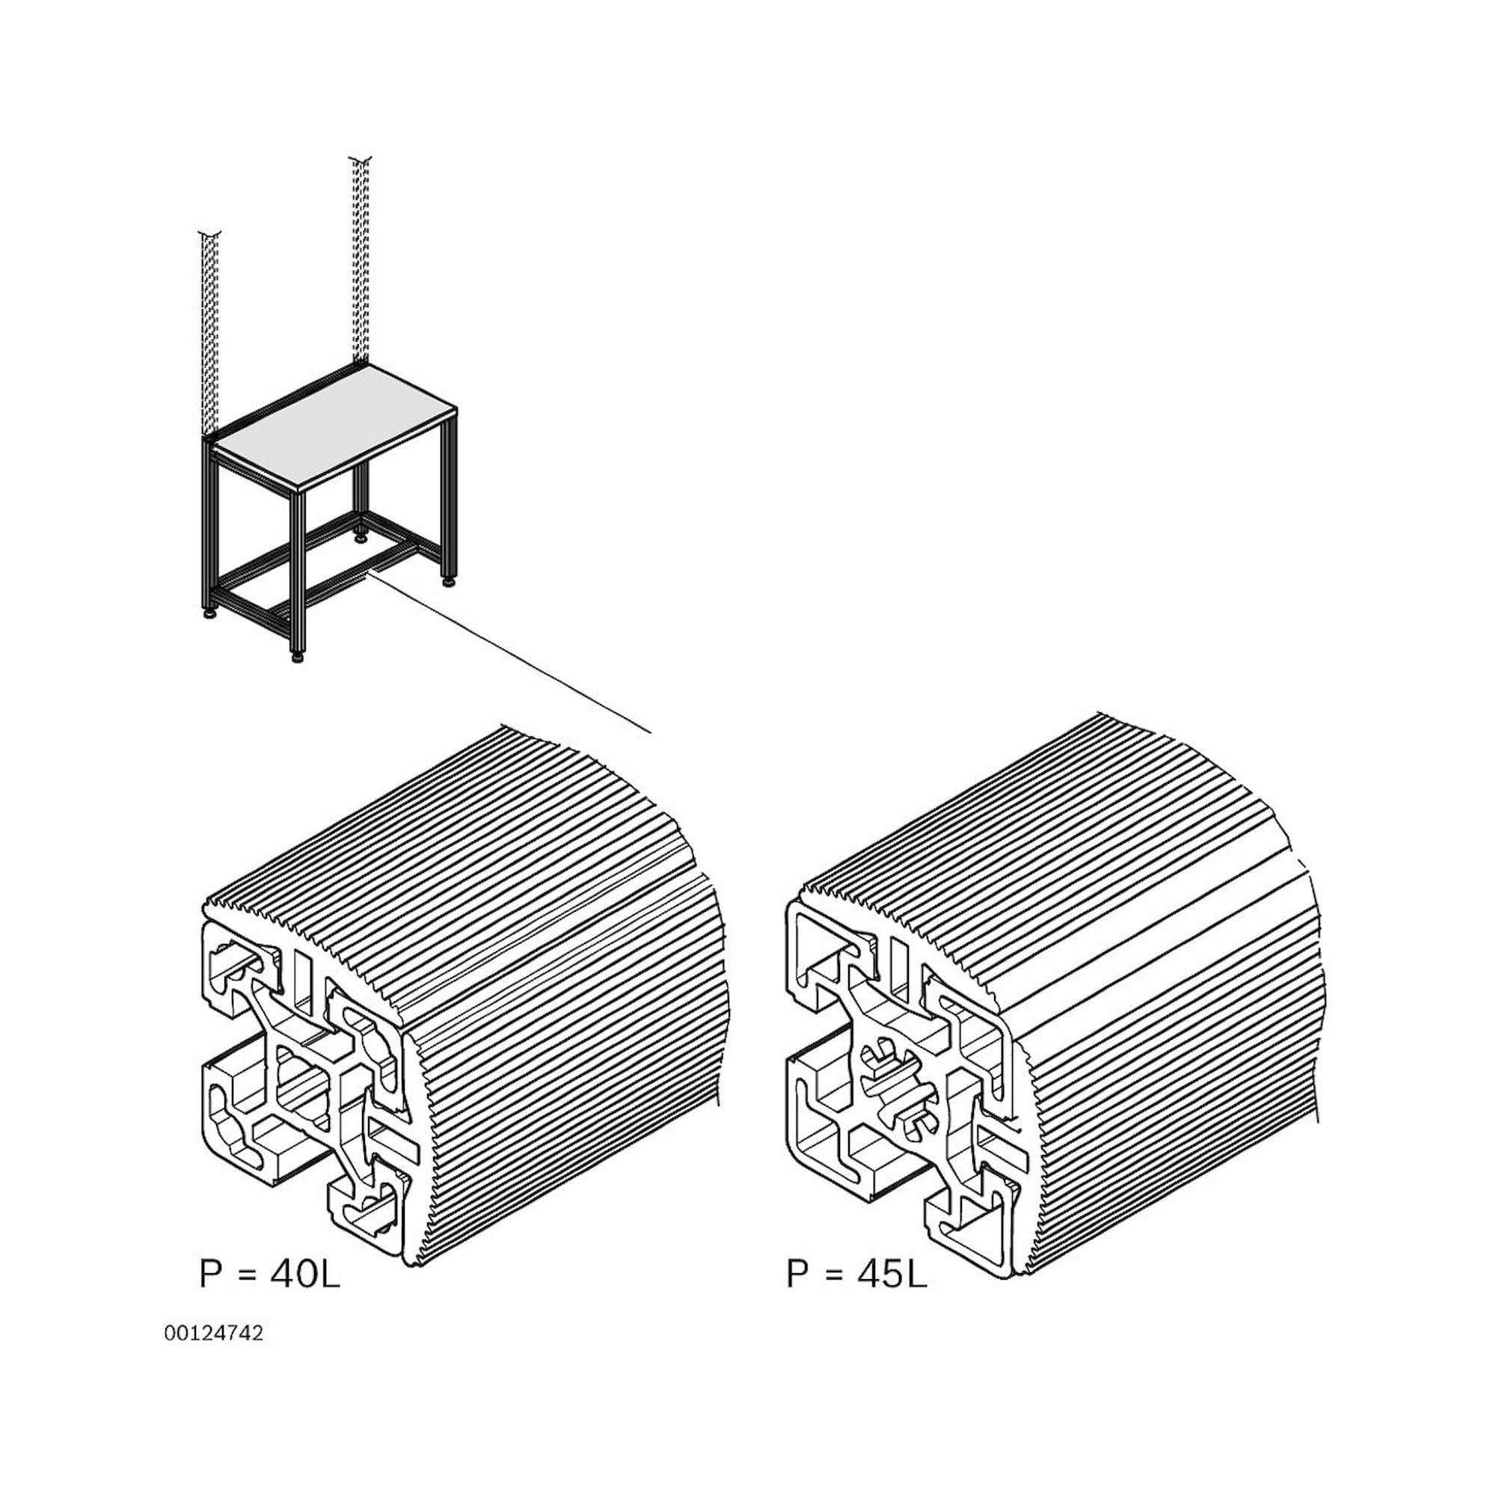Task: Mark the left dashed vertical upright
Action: click(210, 333)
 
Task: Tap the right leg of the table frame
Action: click(447, 503)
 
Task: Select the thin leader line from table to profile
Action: click(511, 652)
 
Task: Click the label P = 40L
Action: click(269, 1274)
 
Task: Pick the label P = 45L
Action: click(856, 1274)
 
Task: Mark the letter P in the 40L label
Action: click(210, 1274)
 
